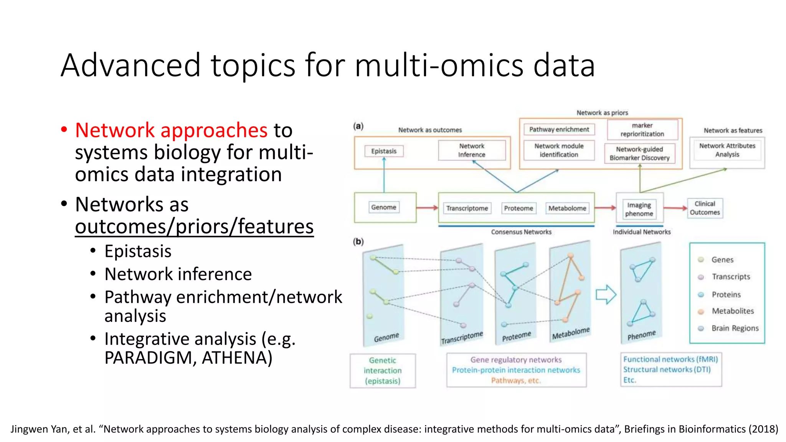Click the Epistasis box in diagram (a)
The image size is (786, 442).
coord(384,151)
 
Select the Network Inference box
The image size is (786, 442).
coord(472,150)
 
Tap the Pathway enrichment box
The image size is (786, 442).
coord(559,129)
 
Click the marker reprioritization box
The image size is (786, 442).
coord(642,130)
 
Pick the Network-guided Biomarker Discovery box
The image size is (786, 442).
coord(639,153)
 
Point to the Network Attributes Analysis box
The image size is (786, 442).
coord(727,150)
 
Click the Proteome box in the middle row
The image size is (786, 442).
coord(518,208)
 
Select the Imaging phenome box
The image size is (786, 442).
coord(639,209)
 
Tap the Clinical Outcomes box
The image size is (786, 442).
coord(705,208)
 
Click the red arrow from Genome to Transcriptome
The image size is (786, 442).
coord(427,208)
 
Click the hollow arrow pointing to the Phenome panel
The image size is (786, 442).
coord(606,295)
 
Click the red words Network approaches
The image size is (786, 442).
coord(171,130)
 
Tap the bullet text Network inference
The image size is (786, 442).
coord(178,274)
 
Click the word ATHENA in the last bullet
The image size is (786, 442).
coord(237,358)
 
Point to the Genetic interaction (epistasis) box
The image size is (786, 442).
coord(383,371)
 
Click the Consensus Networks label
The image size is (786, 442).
coord(521,232)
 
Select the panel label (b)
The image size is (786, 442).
coord(358,242)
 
